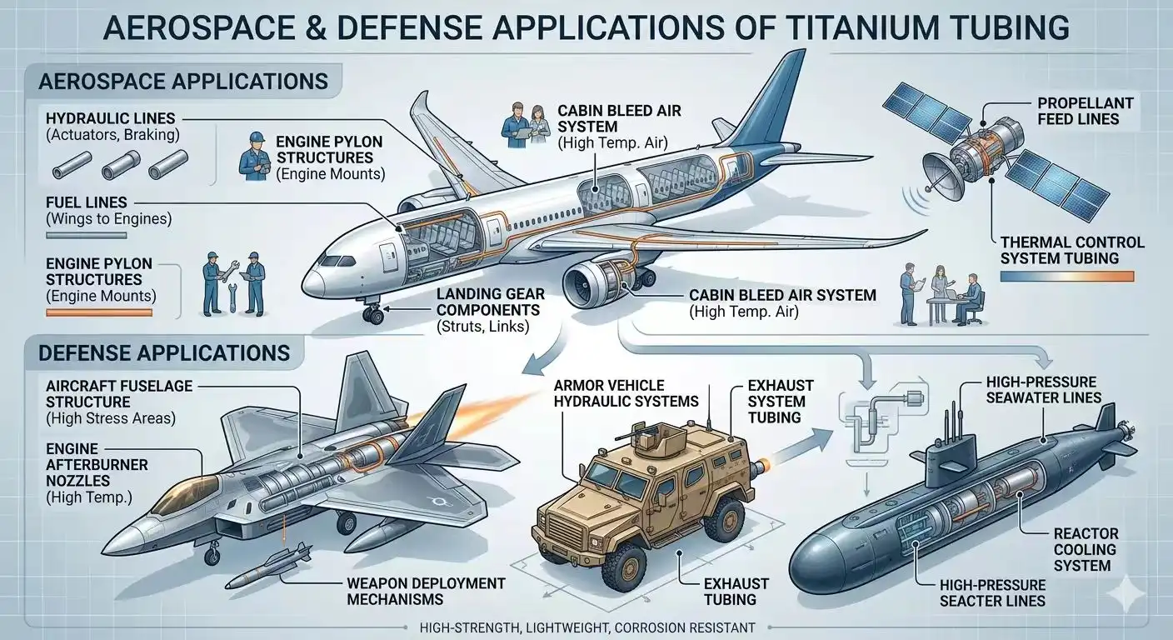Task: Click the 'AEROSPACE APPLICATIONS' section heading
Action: coord(183,82)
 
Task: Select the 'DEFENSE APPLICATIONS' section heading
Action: coord(165,352)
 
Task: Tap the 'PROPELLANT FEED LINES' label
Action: coord(1085,111)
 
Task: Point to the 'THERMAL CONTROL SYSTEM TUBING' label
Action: coord(1071,250)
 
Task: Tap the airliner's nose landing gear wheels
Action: coord(372,315)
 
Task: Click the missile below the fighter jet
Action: coord(267,567)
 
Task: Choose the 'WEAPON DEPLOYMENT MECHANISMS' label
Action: coord(422,591)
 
